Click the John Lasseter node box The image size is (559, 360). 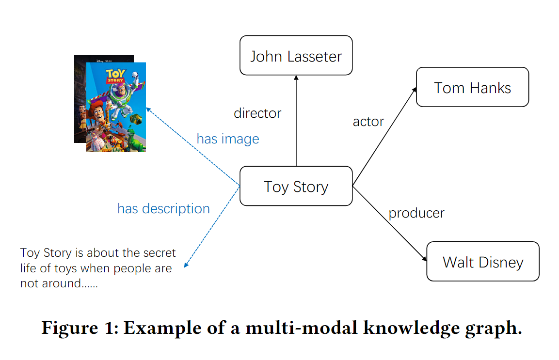coord(296,56)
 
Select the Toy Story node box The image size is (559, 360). coord(296,186)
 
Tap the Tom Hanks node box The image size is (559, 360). coord(472,87)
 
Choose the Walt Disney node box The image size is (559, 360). coord(483,262)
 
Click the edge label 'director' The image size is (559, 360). coord(257,113)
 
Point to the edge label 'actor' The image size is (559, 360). coord(368,122)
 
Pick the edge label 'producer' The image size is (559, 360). coord(416,213)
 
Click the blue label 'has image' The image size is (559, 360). coord(228,139)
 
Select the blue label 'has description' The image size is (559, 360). coord(163,209)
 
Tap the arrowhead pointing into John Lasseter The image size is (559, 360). coord(296,78)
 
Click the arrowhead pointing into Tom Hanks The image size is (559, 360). coord(415,90)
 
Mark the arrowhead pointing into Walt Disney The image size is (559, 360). coord(425,259)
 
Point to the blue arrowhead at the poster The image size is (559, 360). coord(148,110)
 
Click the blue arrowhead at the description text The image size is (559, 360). coord(186,265)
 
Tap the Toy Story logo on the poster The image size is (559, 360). coord(115,76)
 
